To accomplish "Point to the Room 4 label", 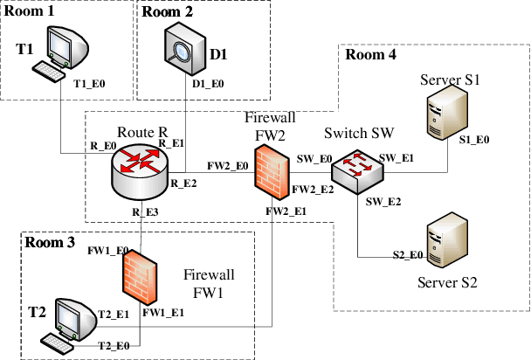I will pyautogui.click(x=371, y=55).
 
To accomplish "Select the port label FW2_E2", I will pyautogui.click(x=313, y=189).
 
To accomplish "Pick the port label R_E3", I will pyautogui.click(x=146, y=211).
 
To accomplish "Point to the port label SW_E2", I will pyautogui.click(x=383, y=201).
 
